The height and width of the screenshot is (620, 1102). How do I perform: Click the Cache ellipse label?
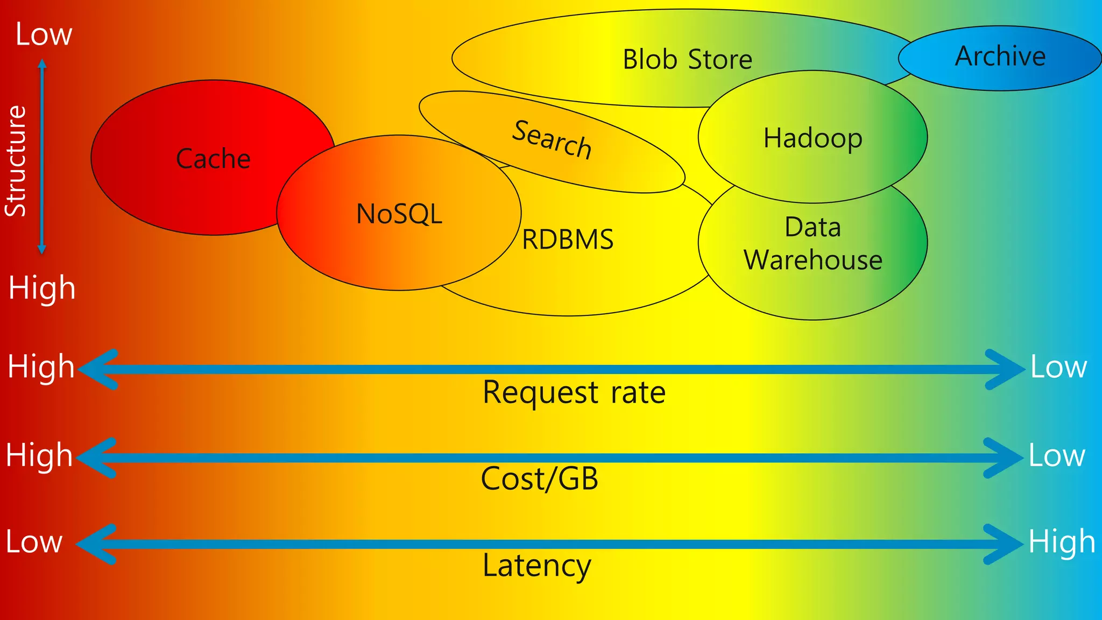pos(213,159)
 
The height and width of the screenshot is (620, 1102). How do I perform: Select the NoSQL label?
pos(399,214)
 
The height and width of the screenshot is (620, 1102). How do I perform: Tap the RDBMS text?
pos(568,239)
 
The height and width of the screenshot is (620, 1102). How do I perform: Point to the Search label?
pos(552,140)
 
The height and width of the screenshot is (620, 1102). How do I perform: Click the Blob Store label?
pos(687,59)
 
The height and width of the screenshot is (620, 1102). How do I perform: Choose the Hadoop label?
pos(813,138)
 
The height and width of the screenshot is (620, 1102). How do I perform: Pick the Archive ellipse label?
pos(1000,56)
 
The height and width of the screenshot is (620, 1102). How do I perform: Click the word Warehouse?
pos(813,260)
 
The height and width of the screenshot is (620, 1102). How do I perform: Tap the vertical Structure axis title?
pos(16,161)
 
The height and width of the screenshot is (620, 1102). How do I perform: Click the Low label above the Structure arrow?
pos(44,34)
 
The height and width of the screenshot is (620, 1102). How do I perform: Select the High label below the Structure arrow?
pos(42,288)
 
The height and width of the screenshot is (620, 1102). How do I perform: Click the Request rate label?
pos(574,392)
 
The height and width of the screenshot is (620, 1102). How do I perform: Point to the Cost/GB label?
pos(539,478)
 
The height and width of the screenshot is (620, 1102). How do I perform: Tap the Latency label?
pos(536,565)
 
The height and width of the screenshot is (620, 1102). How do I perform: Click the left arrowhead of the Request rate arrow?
pos(97,369)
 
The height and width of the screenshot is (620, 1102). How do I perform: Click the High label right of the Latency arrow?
pos(1062,541)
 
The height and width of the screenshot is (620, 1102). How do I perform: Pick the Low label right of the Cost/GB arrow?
pos(1057,455)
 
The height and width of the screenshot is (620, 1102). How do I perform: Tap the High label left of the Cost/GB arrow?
pos(39,455)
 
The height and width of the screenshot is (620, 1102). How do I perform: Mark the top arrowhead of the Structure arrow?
pos(42,64)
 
